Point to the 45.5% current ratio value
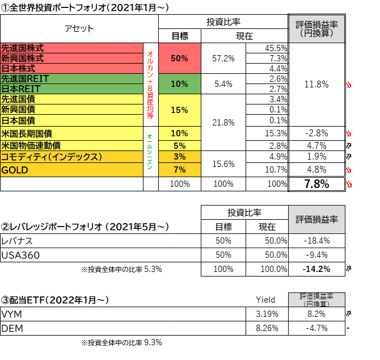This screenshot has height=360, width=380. (276, 49)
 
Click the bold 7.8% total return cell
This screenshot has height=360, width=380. (316, 184)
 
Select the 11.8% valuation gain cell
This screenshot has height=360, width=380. (316, 85)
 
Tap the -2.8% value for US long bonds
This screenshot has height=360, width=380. (316, 133)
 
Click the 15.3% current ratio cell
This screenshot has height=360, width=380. (276, 133)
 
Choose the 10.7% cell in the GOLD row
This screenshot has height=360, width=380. (276, 170)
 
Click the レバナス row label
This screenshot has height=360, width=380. (18, 241)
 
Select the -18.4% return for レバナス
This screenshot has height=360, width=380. (316, 241)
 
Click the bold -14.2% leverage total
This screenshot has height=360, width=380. (316, 269)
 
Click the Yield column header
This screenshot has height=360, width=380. (265, 299)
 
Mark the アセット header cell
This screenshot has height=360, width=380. (79, 28)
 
